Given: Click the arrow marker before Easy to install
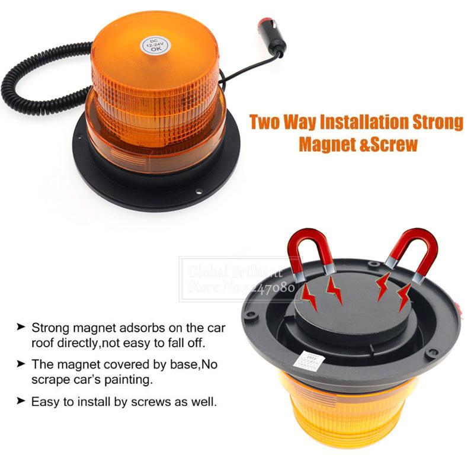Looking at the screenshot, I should (21, 401).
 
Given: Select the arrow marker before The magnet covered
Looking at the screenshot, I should (21, 364).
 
